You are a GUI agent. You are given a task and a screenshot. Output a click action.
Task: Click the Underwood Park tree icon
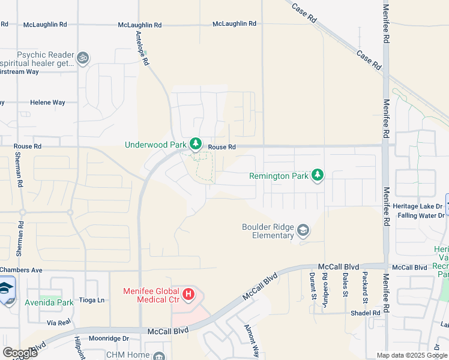[x=195, y=144]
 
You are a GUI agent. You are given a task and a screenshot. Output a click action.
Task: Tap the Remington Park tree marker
[x=318, y=175]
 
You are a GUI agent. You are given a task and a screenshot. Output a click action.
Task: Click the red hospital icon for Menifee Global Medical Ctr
[x=188, y=294]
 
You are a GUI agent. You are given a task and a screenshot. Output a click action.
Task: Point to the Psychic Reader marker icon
[x=83, y=58]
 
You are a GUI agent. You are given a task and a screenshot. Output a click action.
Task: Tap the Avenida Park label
[x=49, y=302]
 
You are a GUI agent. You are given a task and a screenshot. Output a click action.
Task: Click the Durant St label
[x=313, y=285]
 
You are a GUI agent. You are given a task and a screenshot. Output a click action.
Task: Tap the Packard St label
[x=364, y=285]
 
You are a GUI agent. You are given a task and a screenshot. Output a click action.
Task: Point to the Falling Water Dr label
[x=420, y=215]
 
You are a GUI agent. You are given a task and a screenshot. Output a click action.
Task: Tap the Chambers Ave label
[x=21, y=270]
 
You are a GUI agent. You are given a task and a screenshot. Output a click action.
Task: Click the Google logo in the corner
[x=19, y=352]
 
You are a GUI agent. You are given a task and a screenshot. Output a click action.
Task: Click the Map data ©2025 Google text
[x=412, y=355]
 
